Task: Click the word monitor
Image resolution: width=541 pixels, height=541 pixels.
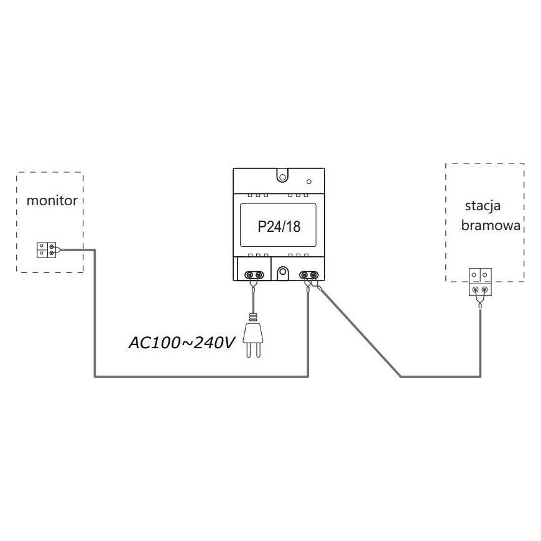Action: pos(52,200)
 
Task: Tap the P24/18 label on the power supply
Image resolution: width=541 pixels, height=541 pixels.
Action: pos(279,226)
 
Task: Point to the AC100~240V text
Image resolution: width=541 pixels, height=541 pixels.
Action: pos(182,343)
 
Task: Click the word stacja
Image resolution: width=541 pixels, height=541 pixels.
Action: pos(483,206)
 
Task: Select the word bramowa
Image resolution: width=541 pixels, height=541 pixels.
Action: pos(491,225)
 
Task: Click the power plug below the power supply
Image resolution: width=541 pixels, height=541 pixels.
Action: pos(253,336)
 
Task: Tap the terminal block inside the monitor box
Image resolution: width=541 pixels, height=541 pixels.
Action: pos(47,250)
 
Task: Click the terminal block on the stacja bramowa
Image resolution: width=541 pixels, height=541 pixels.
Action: pos(480,282)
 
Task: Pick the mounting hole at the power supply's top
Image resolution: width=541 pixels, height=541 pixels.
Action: pos(282,177)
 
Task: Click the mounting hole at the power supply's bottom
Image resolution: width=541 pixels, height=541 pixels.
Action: pos(282,272)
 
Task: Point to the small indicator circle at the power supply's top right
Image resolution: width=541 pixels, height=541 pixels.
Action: pos(309,182)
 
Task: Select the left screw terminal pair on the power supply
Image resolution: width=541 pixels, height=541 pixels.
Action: pos(254,275)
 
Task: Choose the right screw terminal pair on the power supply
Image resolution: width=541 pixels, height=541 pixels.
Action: pos(309,275)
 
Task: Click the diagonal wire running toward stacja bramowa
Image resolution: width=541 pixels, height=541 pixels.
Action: pos(359,331)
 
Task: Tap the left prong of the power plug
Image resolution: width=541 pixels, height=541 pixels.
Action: pos(248,350)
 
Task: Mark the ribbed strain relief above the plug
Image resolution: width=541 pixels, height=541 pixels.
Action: pos(253,317)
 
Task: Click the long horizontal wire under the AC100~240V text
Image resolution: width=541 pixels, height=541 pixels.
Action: pos(201,376)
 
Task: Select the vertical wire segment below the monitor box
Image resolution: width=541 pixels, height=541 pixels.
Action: pos(95,313)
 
